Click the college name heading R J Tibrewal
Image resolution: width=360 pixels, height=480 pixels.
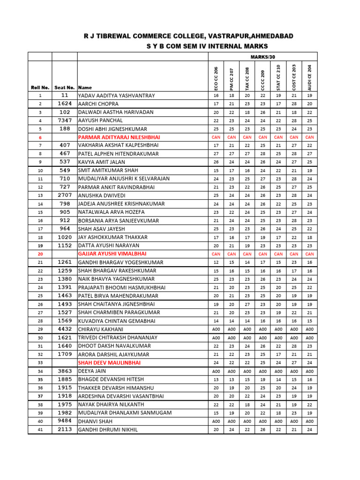click(x=195, y=36)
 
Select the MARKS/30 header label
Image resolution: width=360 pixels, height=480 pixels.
click(x=262, y=57)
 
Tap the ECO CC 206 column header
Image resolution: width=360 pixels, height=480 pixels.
click(x=216, y=78)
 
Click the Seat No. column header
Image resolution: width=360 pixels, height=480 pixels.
click(x=65, y=88)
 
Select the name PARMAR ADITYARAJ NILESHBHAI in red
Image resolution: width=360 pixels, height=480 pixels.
click(x=119, y=137)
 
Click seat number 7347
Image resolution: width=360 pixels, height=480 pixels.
click(x=65, y=120)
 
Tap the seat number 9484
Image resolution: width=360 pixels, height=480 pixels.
click(x=65, y=421)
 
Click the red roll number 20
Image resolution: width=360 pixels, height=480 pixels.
click(x=40, y=254)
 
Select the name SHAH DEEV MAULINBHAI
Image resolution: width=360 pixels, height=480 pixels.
click(x=109, y=362)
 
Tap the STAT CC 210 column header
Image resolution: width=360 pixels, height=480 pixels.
click(x=278, y=77)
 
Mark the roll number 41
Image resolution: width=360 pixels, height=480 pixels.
click(x=40, y=429)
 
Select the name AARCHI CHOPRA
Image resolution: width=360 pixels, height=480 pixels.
click(x=98, y=104)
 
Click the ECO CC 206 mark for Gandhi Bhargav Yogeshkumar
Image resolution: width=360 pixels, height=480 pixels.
click(x=216, y=262)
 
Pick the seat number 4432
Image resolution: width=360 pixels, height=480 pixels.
click(x=65, y=329)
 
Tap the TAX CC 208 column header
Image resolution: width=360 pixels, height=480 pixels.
click(x=247, y=78)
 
